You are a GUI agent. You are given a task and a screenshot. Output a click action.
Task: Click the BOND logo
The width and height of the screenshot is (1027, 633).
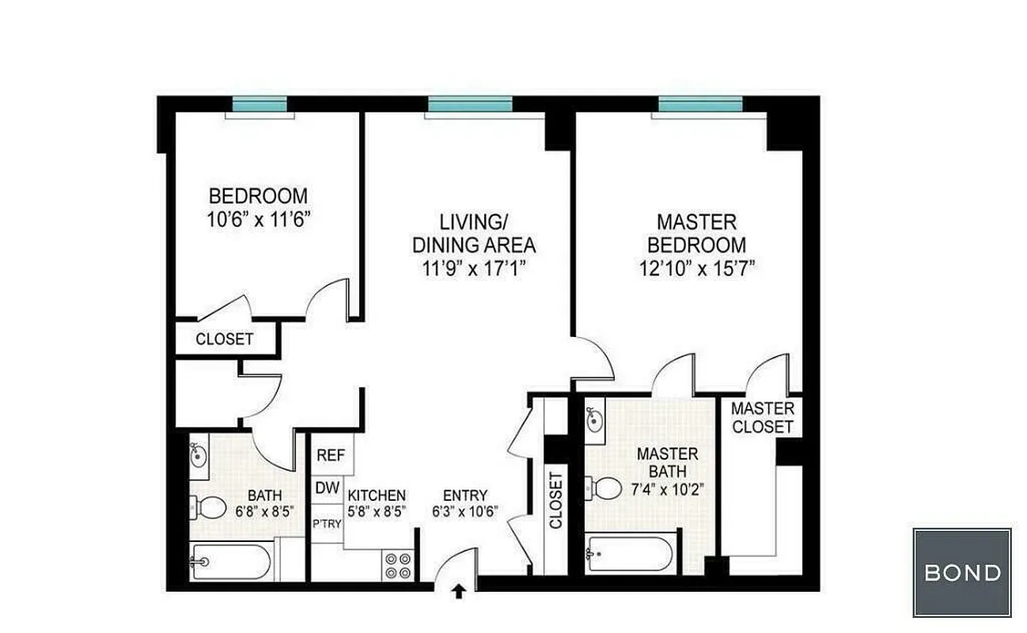click(x=961, y=572)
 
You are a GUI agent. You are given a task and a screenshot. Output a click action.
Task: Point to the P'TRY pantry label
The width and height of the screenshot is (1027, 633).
click(x=327, y=523)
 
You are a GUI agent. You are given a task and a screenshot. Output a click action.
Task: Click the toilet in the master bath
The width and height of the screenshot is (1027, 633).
click(x=604, y=488)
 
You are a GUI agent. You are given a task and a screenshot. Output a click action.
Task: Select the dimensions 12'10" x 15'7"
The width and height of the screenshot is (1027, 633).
click(x=697, y=268)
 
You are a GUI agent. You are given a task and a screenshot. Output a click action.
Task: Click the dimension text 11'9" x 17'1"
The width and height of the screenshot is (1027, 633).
click(x=474, y=268)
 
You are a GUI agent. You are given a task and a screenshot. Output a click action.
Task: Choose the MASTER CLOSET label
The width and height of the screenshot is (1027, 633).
click(x=762, y=418)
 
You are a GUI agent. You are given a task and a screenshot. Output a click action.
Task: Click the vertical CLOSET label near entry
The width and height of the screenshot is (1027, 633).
click(x=555, y=500)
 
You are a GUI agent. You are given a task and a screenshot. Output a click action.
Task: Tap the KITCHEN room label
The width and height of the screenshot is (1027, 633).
click(x=377, y=495)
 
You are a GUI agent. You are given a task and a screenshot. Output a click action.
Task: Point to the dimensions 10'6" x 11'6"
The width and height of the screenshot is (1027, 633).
click(x=257, y=219)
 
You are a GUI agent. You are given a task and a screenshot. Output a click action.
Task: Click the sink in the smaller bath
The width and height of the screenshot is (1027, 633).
click(x=199, y=455)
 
